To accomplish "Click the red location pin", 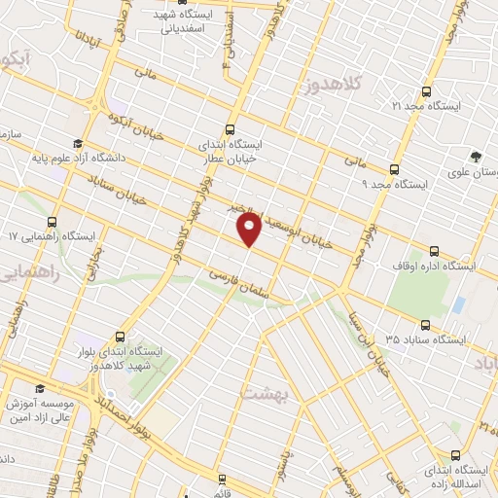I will [x=249, y=230].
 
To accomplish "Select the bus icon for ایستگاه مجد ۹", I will [x=393, y=168].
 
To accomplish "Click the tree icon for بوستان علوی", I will [x=475, y=157].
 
